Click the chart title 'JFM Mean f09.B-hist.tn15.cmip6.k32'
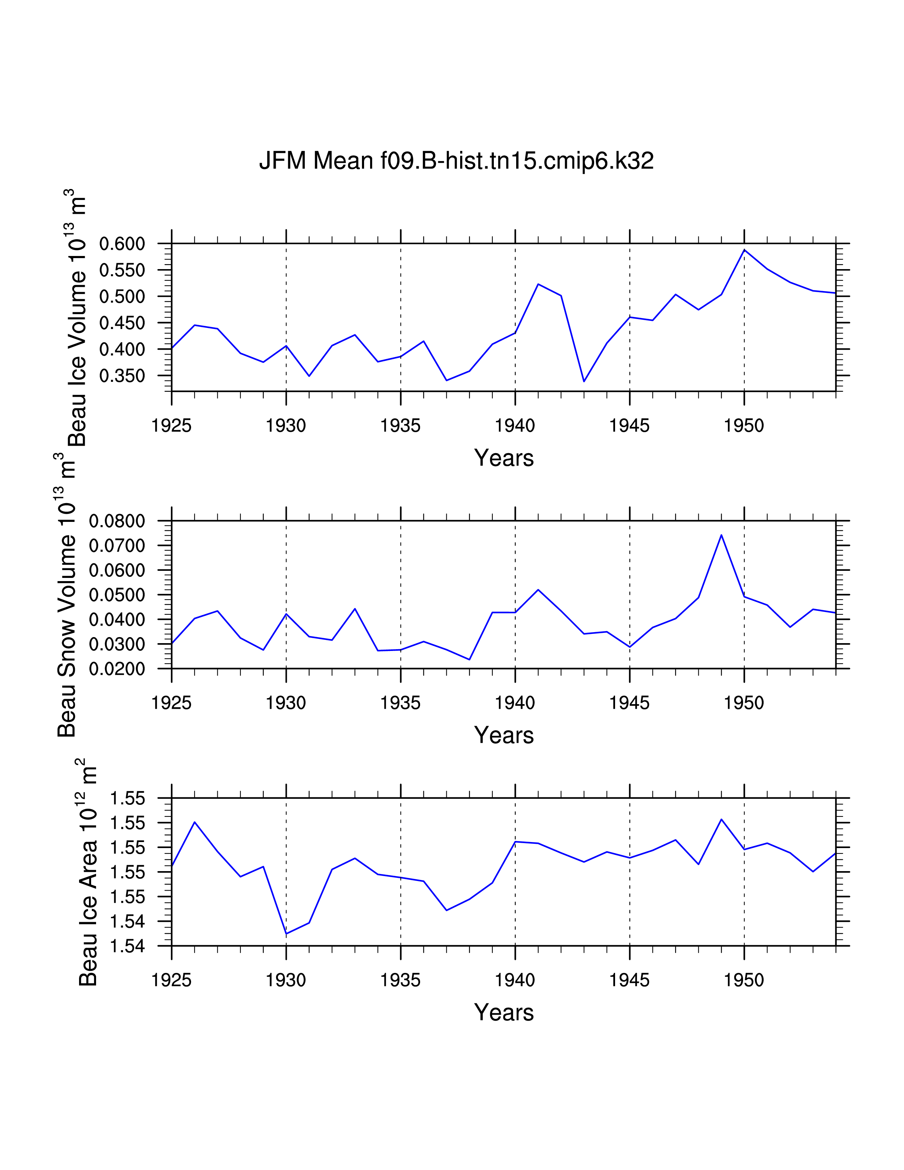coord(456,160)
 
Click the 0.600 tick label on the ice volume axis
coord(122,244)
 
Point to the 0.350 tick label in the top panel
coord(122,376)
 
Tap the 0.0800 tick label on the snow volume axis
coord(117,521)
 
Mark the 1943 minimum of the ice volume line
coord(584,381)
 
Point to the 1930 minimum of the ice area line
coord(286,934)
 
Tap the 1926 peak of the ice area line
coord(194,822)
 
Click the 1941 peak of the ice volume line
coord(538,284)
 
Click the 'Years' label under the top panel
coord(503,458)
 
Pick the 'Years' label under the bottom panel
coord(503,1013)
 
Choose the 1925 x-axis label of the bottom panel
coord(171,980)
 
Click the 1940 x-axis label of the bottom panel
coord(515,980)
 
